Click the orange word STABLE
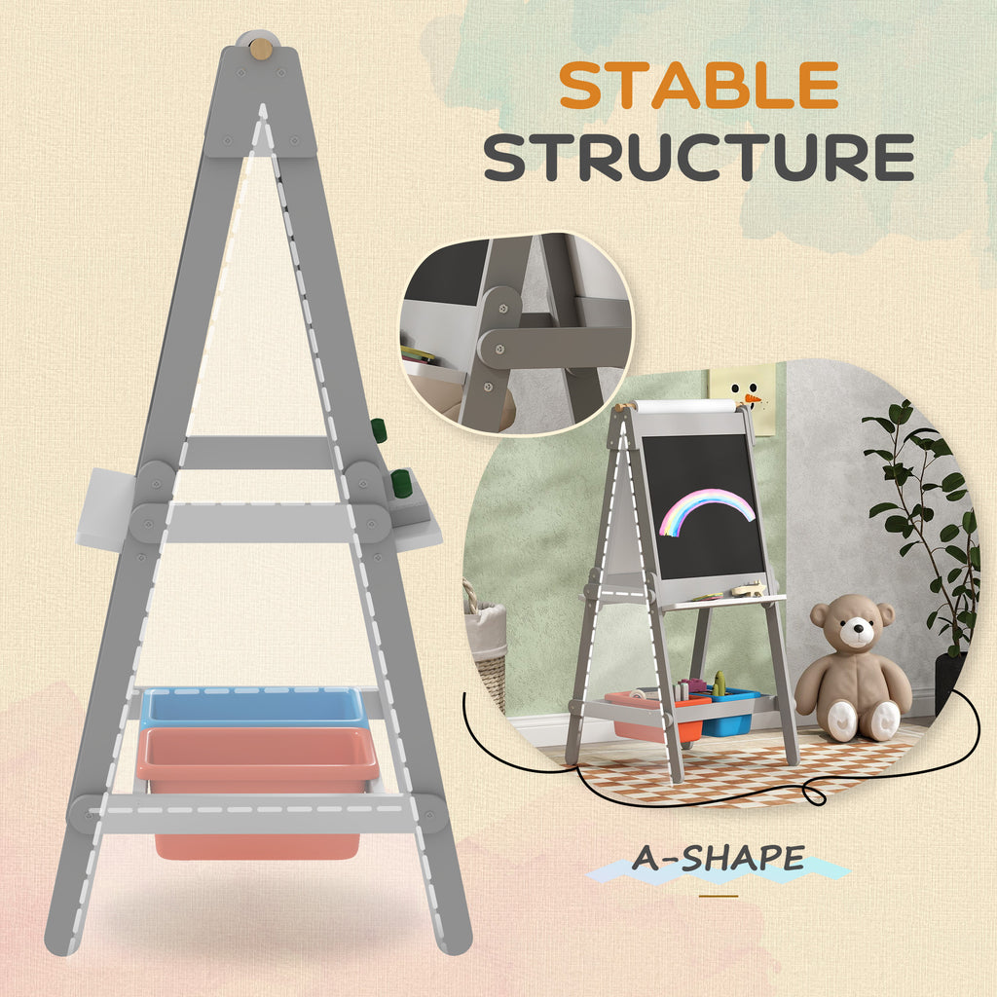pyautogui.click(x=698, y=87)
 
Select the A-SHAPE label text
pyautogui.click(x=719, y=858)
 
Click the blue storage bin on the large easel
pyautogui.click(x=253, y=707)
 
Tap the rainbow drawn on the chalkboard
pyautogui.click(x=706, y=509)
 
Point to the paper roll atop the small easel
pyautogui.click(x=685, y=404)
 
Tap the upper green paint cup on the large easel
pyautogui.click(x=378, y=429)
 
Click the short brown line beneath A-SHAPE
pyautogui.click(x=719, y=895)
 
